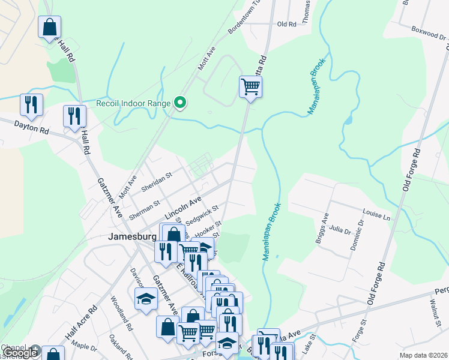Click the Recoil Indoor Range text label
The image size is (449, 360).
pyautogui.click(x=133, y=103)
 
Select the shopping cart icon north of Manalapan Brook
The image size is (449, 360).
pyautogui.click(x=250, y=87)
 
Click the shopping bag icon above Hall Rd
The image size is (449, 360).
pyautogui.click(x=49, y=27)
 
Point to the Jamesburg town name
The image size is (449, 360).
pyautogui.click(x=132, y=236)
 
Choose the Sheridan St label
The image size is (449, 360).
pyautogui.click(x=157, y=181)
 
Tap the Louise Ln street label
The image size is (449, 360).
pyautogui.click(x=376, y=214)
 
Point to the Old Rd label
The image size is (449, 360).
pyautogui.click(x=286, y=25)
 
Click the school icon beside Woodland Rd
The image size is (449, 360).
pyautogui.click(x=145, y=299)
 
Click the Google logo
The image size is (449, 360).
pyautogui.click(x=20, y=353)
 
